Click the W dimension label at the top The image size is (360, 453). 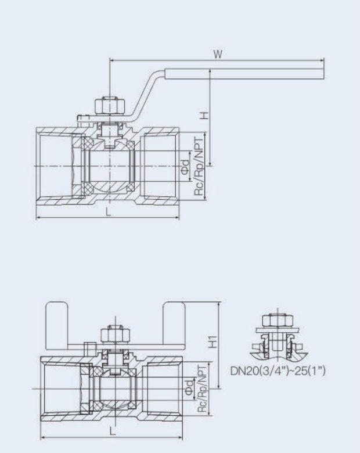(218, 54)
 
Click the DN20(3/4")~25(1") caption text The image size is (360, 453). (278, 369)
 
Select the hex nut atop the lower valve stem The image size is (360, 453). (110, 336)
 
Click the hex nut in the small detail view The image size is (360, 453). (272, 320)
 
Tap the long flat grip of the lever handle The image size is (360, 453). (244, 74)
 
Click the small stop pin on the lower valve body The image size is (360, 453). (89, 348)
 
